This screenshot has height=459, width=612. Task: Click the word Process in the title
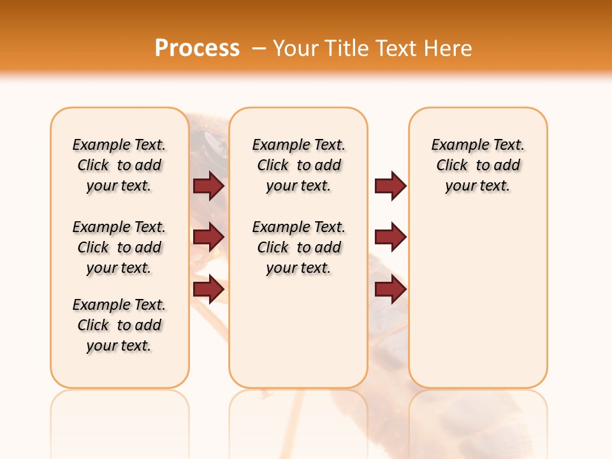(197, 48)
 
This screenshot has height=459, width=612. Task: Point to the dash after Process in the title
(259, 48)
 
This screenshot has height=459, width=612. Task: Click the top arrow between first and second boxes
(208, 186)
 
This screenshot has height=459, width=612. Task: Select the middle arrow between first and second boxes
(208, 237)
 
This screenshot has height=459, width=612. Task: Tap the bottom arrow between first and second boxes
(208, 289)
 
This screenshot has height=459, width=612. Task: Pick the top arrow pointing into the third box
(390, 186)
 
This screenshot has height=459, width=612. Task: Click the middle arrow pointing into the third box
(390, 237)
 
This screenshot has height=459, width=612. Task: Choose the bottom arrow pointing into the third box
(390, 289)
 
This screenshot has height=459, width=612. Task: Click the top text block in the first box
(119, 165)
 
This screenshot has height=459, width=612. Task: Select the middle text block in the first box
(119, 247)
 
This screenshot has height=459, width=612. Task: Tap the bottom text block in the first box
(119, 325)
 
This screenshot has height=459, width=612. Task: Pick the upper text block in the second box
(298, 165)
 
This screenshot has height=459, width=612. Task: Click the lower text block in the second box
(298, 247)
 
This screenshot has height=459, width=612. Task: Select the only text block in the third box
(477, 165)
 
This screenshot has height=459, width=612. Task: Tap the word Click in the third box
(452, 166)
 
